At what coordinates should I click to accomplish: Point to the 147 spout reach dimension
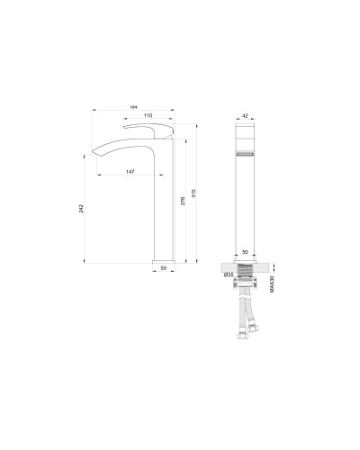[131, 170]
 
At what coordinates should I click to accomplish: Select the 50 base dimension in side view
[164, 268]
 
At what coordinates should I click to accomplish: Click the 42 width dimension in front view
[246, 116]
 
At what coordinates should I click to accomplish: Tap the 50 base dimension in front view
[245, 254]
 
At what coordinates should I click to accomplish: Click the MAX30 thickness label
[272, 283]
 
